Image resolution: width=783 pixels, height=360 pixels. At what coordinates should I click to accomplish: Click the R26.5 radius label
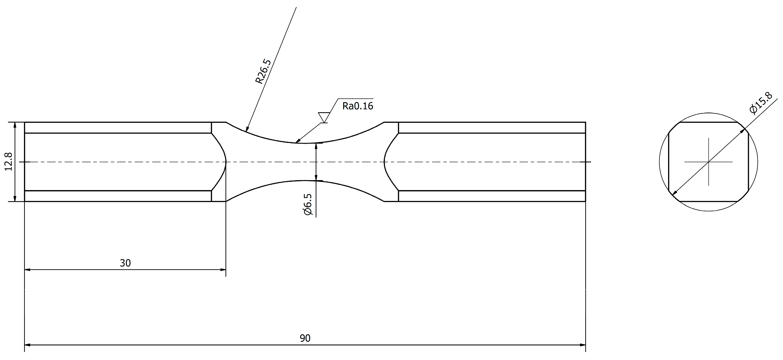pos(263,72)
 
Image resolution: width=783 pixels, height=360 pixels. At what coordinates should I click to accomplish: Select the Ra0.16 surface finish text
pos(358,106)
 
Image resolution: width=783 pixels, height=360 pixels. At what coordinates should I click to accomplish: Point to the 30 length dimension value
pos(125,263)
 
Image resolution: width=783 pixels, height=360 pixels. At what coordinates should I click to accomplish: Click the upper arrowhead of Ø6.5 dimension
pos(316,146)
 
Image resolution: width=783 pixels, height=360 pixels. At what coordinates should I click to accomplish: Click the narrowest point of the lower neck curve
pos(305,181)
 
